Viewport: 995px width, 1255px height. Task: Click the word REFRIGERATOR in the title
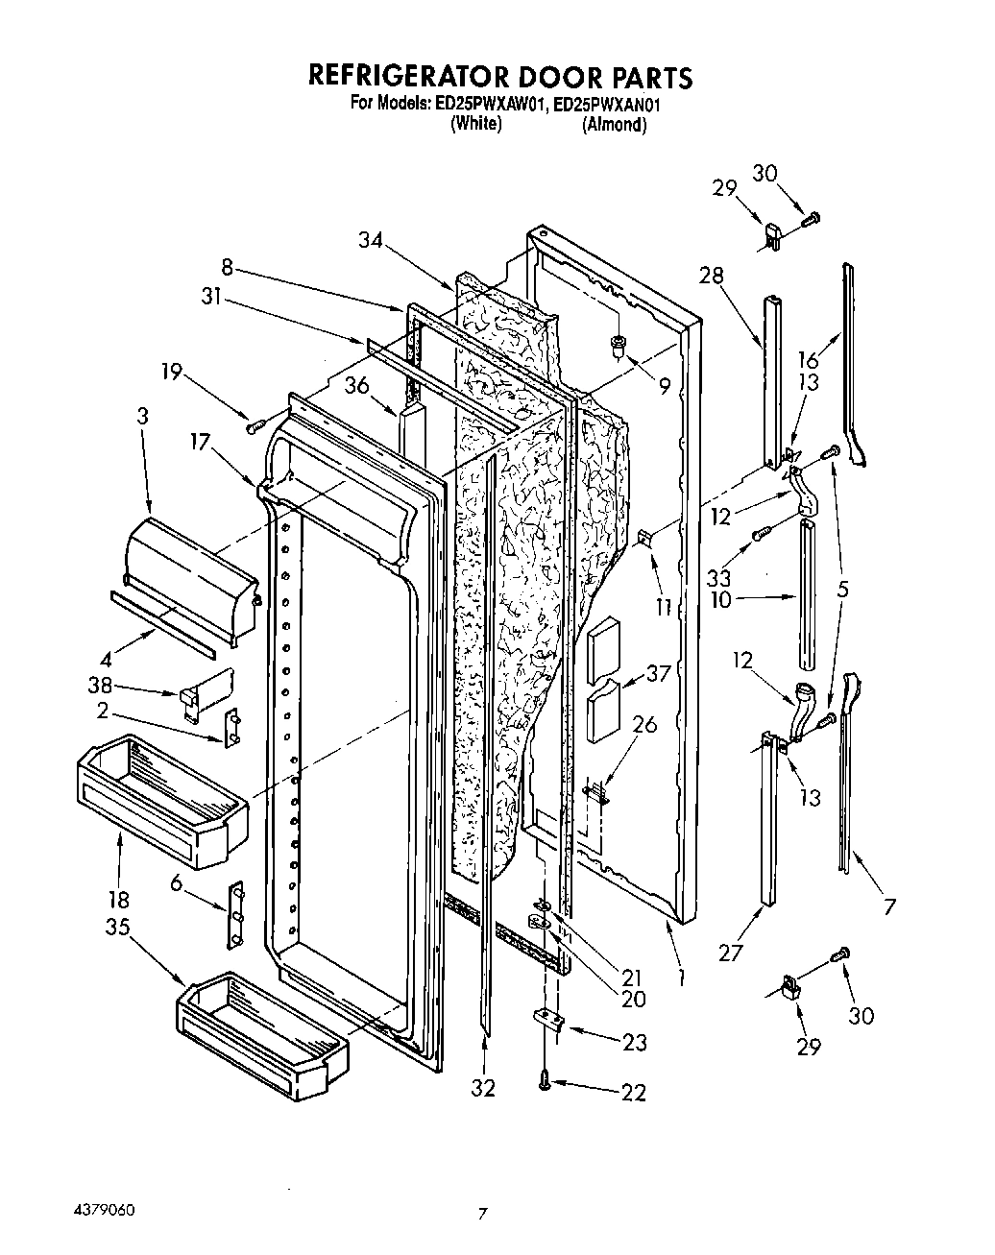[402, 77]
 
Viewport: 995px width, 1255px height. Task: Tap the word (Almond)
[614, 125]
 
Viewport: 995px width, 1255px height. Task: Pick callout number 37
[659, 674]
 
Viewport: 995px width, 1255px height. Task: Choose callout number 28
[711, 277]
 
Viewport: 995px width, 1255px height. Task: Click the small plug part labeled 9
[619, 345]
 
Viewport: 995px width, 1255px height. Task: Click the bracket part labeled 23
[546, 1020]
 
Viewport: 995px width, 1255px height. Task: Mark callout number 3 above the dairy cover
[143, 418]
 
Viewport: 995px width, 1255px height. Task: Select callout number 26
[644, 725]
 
